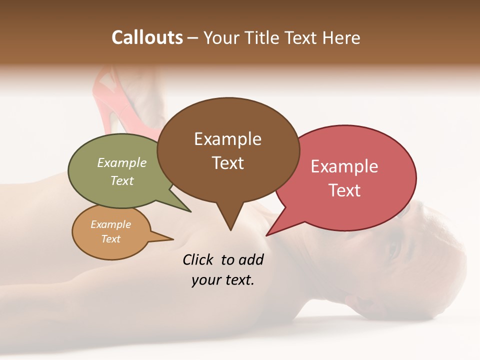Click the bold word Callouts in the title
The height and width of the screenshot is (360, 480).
pyautogui.click(x=147, y=37)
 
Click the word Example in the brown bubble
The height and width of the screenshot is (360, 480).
pyautogui.click(x=227, y=139)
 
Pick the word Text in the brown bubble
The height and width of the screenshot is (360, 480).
pyautogui.click(x=227, y=163)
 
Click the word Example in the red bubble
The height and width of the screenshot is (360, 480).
pyautogui.click(x=344, y=166)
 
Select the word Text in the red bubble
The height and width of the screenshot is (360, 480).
pyautogui.click(x=344, y=190)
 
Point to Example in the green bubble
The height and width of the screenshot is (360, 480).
pyautogui.click(x=122, y=162)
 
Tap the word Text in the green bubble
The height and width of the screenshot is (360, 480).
pyautogui.click(x=122, y=180)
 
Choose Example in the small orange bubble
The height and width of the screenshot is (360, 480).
pyautogui.click(x=111, y=224)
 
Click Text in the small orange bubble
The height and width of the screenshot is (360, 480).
pyautogui.click(x=111, y=239)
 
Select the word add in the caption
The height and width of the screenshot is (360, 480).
pyautogui.click(x=251, y=259)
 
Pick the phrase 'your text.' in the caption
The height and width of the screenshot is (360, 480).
pyautogui.click(x=223, y=280)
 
